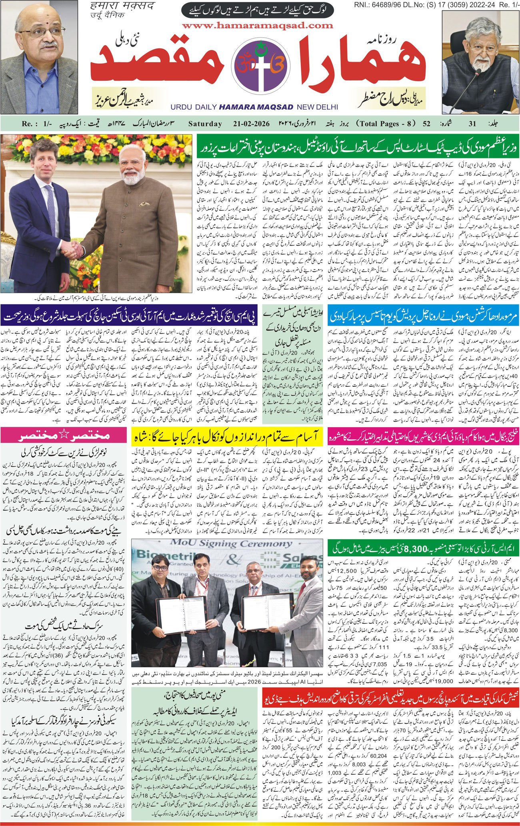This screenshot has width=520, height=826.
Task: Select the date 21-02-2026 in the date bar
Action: pos(250,124)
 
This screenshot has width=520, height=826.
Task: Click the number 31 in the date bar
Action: pos(472,124)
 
